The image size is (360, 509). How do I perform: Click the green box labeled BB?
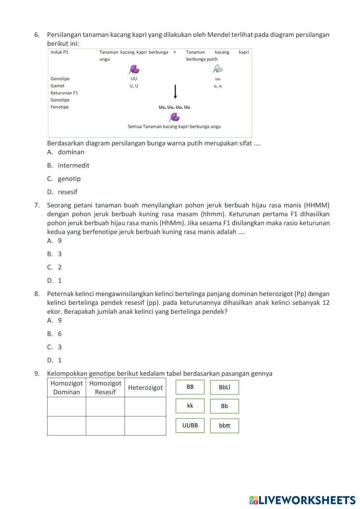(x=190, y=387)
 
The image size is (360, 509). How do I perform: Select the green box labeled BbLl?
(x=225, y=388)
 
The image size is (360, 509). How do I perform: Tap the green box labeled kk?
(x=190, y=406)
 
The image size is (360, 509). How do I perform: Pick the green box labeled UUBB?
(x=190, y=425)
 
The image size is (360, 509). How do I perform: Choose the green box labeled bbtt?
(x=225, y=426)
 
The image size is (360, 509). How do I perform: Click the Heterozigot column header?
(x=145, y=388)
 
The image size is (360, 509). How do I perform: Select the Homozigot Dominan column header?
(x=67, y=388)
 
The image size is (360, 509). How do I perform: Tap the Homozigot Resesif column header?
(x=105, y=388)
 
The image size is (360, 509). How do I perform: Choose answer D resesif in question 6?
(x=67, y=192)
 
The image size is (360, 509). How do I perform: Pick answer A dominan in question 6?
(x=71, y=152)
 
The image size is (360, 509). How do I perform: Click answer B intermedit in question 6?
(x=73, y=165)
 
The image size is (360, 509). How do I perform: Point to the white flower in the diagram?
(x=218, y=68)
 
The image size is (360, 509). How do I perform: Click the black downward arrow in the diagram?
(x=175, y=92)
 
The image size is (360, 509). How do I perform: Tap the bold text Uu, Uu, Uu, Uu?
(x=174, y=107)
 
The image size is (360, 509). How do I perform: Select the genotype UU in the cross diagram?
(x=134, y=79)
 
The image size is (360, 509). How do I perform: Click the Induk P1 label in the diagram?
(x=59, y=52)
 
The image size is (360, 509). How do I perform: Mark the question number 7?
(x=37, y=205)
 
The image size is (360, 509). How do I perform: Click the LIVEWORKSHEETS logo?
(x=302, y=500)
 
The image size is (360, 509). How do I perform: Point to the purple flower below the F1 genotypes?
(x=174, y=117)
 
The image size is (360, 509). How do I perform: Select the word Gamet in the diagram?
(x=57, y=86)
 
